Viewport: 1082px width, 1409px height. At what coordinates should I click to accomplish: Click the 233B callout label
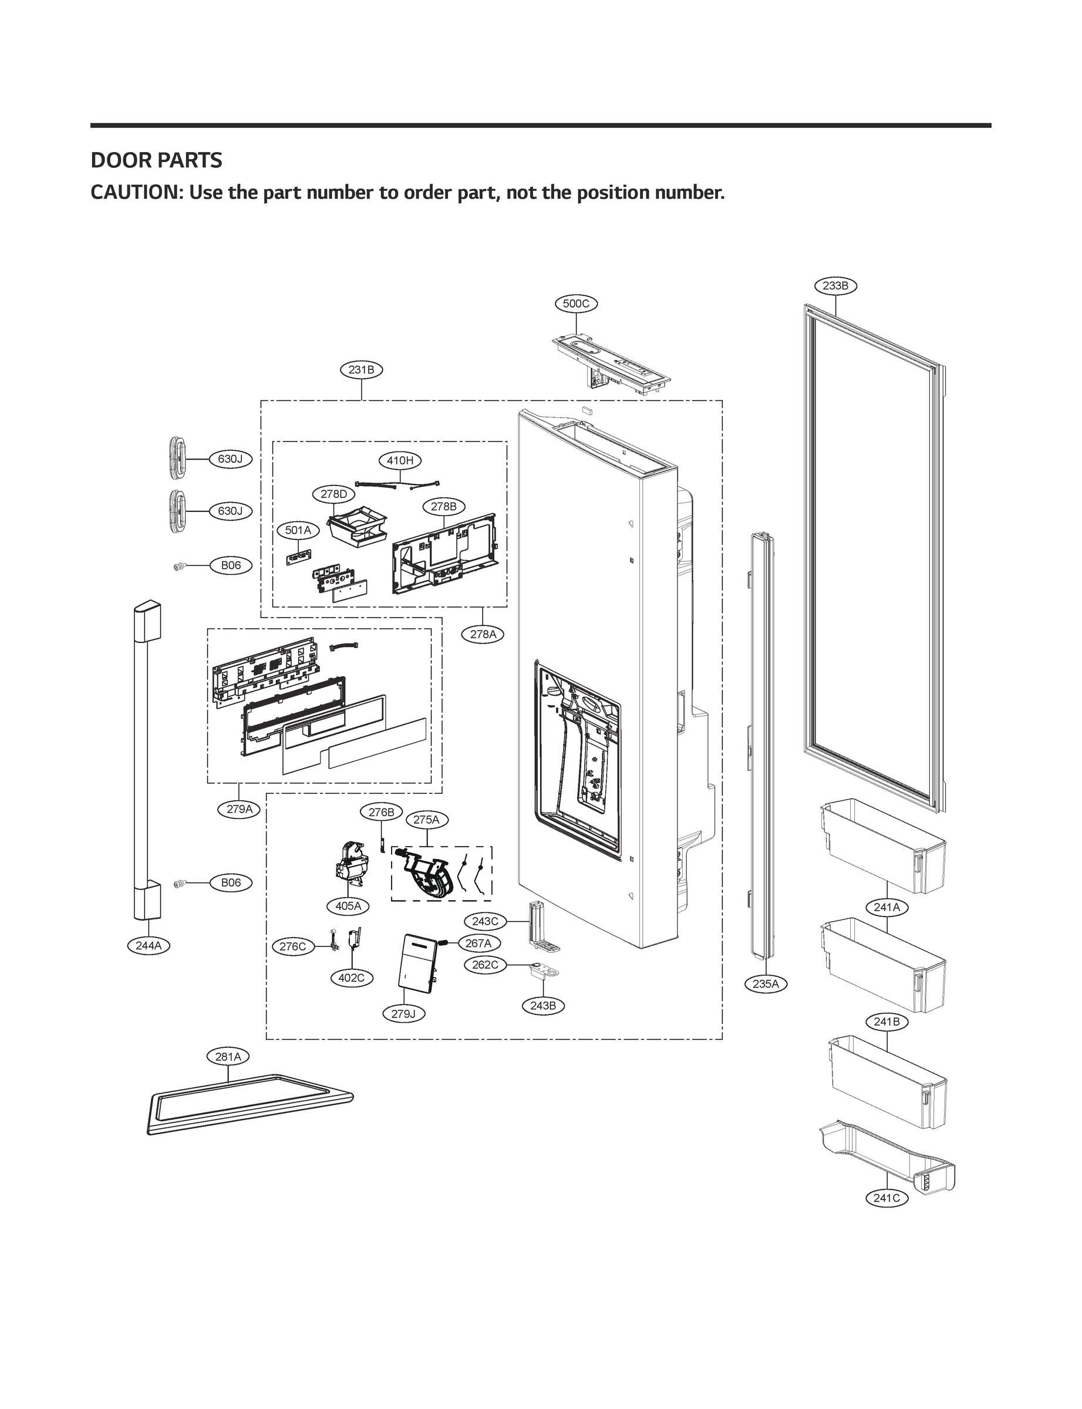(835, 285)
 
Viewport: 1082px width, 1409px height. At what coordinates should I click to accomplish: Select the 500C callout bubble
(576, 304)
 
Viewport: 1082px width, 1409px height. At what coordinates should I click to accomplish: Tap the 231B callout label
(361, 370)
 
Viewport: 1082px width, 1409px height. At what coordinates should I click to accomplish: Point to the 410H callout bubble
(400, 460)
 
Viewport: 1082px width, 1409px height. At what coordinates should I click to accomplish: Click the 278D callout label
(333, 494)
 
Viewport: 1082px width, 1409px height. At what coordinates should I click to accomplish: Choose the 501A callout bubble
(298, 531)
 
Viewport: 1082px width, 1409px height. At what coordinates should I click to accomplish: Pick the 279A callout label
(239, 810)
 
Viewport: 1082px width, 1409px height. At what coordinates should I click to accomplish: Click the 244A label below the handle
(148, 945)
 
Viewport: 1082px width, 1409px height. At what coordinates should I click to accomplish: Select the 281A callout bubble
(228, 1057)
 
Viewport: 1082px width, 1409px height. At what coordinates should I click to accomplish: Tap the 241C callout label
(887, 1198)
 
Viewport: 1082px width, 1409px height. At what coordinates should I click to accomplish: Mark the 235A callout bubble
(766, 983)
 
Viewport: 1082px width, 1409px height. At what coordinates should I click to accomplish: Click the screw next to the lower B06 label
(180, 884)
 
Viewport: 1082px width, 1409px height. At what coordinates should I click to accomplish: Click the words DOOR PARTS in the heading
(157, 160)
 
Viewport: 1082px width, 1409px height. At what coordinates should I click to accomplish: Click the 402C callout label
(351, 977)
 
